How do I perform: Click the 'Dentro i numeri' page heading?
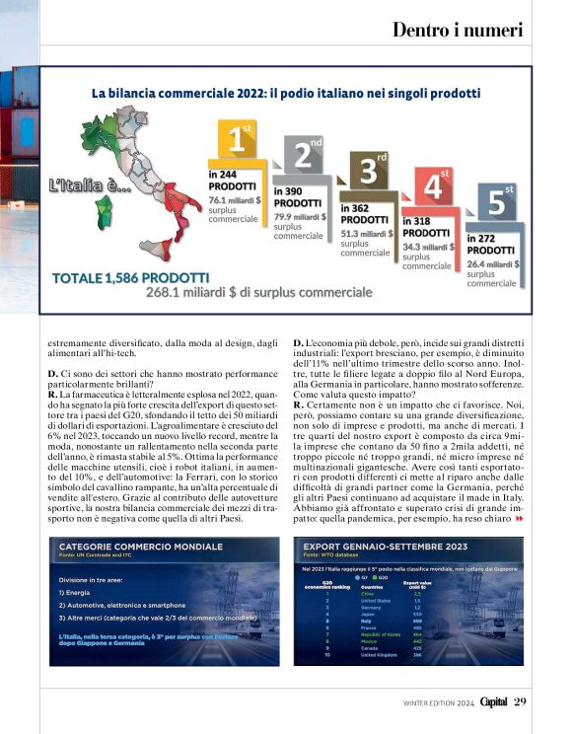(x=458, y=31)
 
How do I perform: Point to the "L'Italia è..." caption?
(x=90, y=184)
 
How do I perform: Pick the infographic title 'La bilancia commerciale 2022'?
(x=286, y=94)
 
